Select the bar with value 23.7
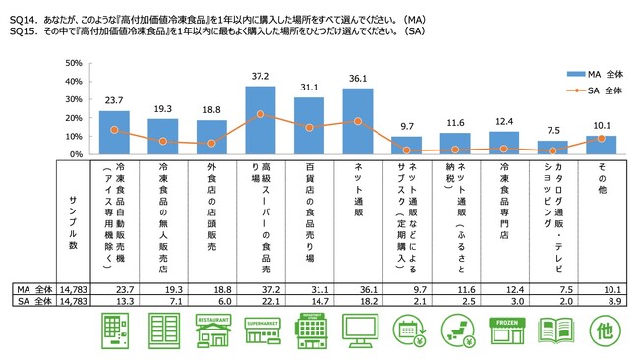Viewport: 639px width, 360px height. click(x=114, y=133)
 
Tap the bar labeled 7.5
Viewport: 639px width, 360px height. click(x=552, y=148)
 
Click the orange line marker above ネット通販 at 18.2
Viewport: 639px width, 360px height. click(x=357, y=121)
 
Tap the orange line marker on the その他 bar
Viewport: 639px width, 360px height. click(x=601, y=138)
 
